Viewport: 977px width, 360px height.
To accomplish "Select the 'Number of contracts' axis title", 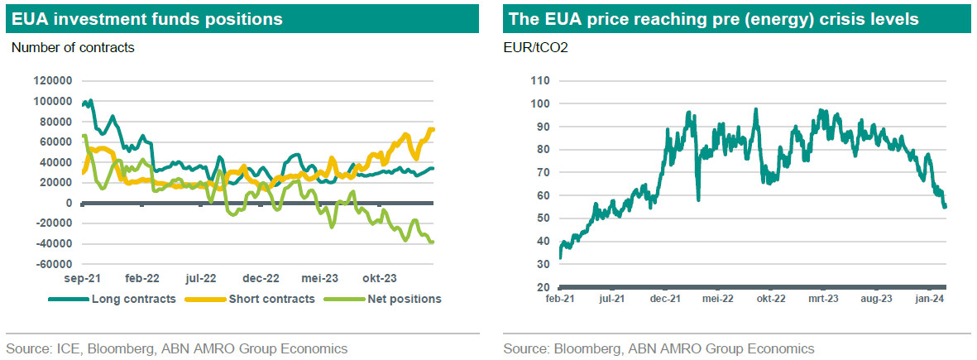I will (x=73, y=47).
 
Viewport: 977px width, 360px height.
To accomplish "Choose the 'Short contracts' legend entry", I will (x=268, y=299).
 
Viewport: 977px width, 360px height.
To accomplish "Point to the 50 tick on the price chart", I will (x=542, y=218).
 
